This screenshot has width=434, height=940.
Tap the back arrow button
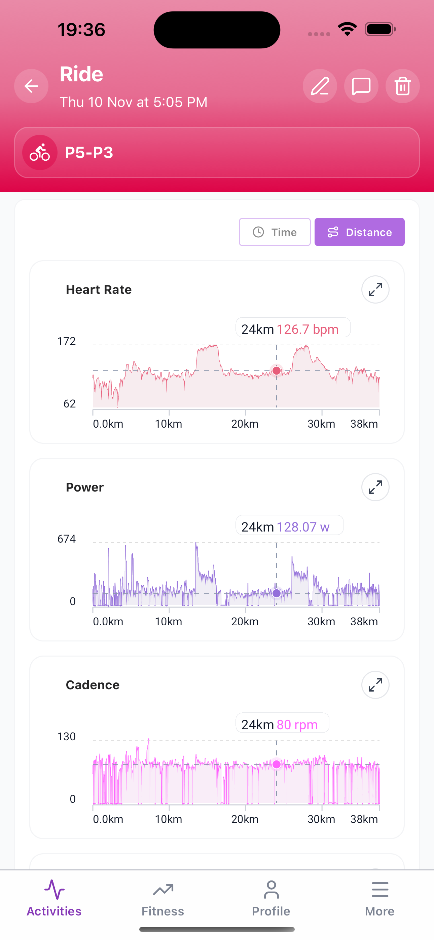(31, 86)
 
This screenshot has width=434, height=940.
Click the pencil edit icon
(320, 86)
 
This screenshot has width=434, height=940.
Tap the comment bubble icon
(361, 86)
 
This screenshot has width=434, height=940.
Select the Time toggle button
(275, 232)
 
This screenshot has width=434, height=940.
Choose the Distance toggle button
(359, 232)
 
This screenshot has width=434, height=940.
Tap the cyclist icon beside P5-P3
(40, 153)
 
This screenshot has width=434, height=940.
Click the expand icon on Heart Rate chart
(375, 289)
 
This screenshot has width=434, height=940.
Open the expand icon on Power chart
(375, 487)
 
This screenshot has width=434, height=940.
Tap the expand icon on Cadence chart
(375, 685)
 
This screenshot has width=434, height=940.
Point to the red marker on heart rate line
(277, 371)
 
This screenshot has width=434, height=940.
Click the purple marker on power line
(277, 593)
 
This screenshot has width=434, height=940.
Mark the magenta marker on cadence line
(277, 764)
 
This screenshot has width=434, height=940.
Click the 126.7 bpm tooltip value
(308, 329)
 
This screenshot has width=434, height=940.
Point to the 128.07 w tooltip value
(303, 527)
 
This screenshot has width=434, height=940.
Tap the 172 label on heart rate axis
(67, 341)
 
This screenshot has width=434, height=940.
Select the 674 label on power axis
(67, 539)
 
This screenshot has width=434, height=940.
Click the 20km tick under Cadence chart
(245, 819)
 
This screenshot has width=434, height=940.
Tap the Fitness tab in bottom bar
(163, 899)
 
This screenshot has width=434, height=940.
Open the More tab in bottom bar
(379, 899)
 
